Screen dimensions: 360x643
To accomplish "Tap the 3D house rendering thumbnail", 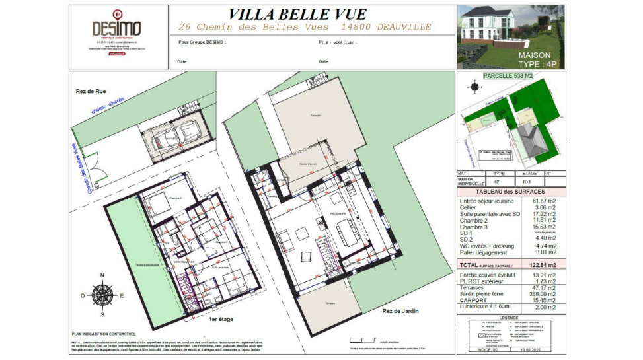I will click(510, 36).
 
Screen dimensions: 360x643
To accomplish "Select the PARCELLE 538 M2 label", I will click(508, 76).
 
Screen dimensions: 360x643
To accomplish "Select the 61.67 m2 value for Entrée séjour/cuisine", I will click(545, 200).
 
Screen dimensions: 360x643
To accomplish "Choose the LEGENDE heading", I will click(511, 317).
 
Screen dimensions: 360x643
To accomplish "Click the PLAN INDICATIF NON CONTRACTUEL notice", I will click(104, 334).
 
